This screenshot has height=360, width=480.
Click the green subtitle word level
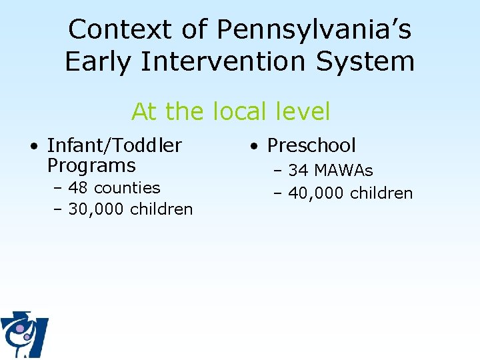(302, 111)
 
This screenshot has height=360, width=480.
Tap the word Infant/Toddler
(114, 145)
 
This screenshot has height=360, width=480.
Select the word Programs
(91, 165)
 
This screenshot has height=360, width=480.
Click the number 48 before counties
(79, 188)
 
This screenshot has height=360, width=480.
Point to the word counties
(127, 188)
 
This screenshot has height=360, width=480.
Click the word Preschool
(311, 145)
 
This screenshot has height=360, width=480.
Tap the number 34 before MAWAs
(299, 171)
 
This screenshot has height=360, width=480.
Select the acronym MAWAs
(343, 171)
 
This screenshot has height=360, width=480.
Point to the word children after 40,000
(381, 193)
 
